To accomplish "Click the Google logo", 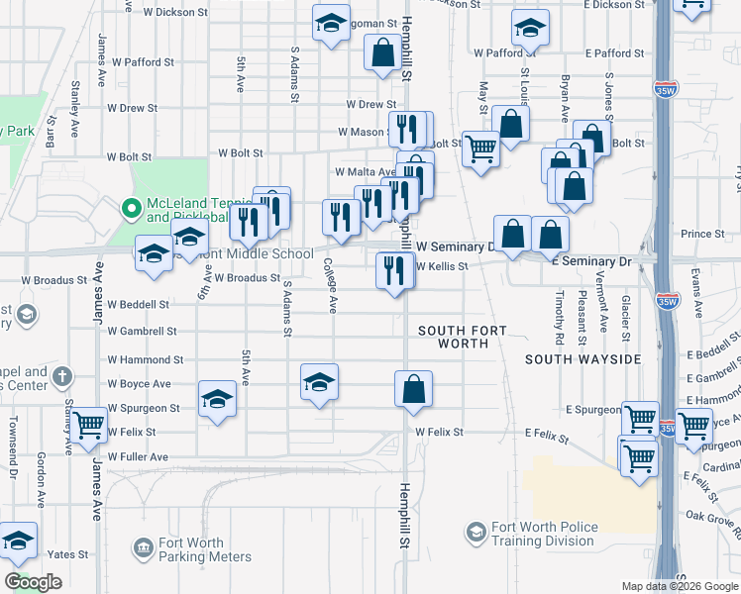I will tap(33, 581).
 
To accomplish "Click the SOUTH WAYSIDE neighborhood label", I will tap(582, 358).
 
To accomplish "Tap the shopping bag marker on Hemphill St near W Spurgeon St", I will tap(413, 389).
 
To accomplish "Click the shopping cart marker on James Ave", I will tap(89, 427).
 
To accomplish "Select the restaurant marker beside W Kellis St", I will tap(394, 269).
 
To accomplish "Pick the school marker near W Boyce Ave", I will tap(320, 383).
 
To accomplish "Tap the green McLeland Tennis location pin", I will tap(129, 209).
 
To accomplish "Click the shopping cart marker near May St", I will tap(480, 150).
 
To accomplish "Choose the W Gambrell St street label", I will tap(143, 332).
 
